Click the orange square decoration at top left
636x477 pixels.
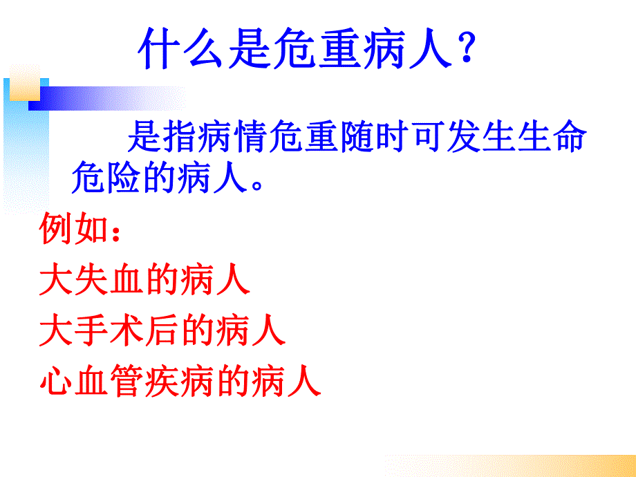click(25, 82)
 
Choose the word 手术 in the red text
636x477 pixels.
click(109, 331)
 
